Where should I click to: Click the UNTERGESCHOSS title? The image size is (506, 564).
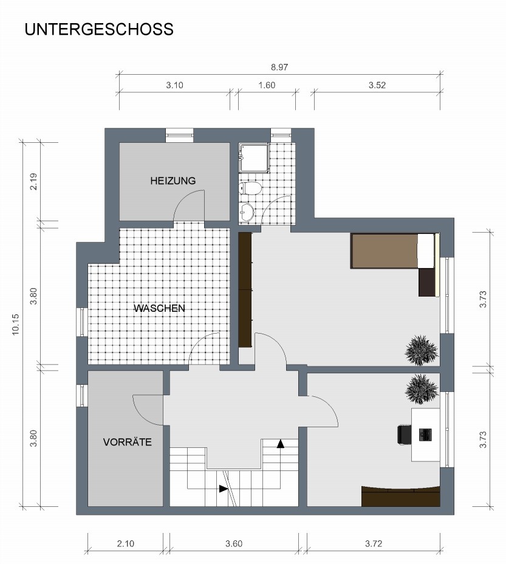coord(99,29)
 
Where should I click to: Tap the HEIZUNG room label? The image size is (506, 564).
coord(173,181)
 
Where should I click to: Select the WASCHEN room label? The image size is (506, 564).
coord(159,308)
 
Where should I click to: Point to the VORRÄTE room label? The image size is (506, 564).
coord(128,442)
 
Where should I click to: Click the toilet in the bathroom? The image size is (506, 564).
coord(250,188)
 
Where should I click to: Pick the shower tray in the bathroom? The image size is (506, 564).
coord(254,158)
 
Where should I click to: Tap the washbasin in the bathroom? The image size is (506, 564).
coord(247,213)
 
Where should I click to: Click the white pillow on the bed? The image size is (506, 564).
coord(426,251)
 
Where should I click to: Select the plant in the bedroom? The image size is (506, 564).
coord(422,350)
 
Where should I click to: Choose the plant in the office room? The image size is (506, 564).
coord(422,389)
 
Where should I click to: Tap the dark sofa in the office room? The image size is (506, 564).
coord(401,497)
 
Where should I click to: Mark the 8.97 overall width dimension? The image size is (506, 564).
coord(279,67)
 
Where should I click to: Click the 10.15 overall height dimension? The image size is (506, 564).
coord(15,325)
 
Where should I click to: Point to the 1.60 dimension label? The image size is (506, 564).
coord(267,85)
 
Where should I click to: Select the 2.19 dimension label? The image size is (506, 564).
coord(33,182)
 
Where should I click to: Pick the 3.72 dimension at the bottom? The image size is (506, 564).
coord(374,543)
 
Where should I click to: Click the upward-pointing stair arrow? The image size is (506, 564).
coord(281,444)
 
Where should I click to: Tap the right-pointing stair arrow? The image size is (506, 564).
coord(224,489)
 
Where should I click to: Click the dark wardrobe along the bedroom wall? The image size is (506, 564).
coord(245,289)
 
